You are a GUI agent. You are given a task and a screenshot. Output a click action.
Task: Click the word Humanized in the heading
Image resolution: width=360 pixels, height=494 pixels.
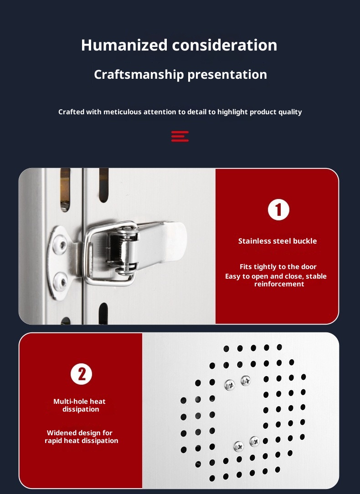(x=124, y=45)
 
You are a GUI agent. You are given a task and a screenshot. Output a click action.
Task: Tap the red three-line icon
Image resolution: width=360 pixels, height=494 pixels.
(x=180, y=137)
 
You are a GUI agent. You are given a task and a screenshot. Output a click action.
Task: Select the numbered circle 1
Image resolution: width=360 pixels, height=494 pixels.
(x=279, y=210)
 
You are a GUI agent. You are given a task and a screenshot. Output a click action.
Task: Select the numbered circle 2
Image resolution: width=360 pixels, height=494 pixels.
(x=81, y=374)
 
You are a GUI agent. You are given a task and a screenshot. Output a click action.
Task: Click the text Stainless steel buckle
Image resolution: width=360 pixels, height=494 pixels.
(x=278, y=241)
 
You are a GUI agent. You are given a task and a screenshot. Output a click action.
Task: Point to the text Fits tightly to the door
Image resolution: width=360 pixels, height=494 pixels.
(x=278, y=267)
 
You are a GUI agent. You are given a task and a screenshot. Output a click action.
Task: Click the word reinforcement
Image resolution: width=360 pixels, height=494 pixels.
(x=279, y=284)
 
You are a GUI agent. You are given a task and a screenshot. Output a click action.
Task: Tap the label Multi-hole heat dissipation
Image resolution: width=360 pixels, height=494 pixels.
(x=80, y=405)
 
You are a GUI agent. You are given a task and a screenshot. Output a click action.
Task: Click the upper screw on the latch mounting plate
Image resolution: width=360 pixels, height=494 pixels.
(x=60, y=244)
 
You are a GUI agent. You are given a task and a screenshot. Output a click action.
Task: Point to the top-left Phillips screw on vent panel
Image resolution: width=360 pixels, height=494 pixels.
(x=230, y=385)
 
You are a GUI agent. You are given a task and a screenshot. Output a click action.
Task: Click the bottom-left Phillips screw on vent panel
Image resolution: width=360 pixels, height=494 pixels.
(x=239, y=446)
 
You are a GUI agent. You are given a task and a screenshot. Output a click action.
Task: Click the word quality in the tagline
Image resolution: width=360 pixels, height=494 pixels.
(x=292, y=112)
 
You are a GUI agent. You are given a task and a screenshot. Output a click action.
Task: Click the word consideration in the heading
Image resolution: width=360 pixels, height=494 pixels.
(x=225, y=45)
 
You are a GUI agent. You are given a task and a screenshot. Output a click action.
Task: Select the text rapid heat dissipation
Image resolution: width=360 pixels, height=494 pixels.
(x=81, y=441)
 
